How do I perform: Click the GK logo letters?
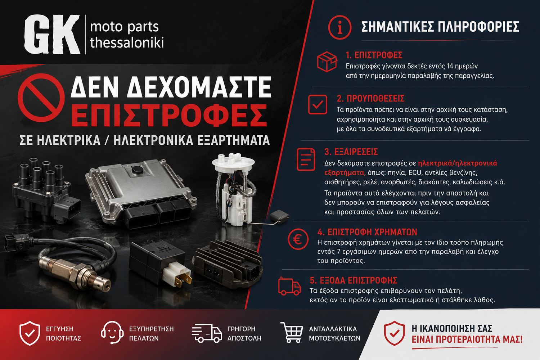[x=52, y=34]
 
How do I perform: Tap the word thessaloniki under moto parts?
[x=127, y=43]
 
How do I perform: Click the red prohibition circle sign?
[x=41, y=98]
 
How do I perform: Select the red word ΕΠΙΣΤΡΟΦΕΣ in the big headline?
[x=169, y=116]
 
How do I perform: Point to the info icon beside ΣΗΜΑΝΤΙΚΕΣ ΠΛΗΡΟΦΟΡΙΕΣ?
[x=339, y=27]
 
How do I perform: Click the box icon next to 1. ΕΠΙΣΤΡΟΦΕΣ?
[x=327, y=62]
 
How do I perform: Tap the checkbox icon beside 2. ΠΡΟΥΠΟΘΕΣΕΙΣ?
[x=318, y=104]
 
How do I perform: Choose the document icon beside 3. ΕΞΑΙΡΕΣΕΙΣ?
[x=306, y=159]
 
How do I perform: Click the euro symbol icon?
[x=298, y=239]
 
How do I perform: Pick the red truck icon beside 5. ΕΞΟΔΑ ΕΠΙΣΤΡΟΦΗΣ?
[x=289, y=287]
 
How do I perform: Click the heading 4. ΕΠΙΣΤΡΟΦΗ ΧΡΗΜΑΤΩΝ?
[x=367, y=232]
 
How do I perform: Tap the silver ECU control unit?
[x=141, y=193]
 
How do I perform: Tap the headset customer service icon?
[x=112, y=332]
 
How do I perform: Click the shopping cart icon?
[x=292, y=332]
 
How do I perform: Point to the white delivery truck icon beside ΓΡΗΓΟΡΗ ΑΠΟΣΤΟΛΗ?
[x=207, y=333]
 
